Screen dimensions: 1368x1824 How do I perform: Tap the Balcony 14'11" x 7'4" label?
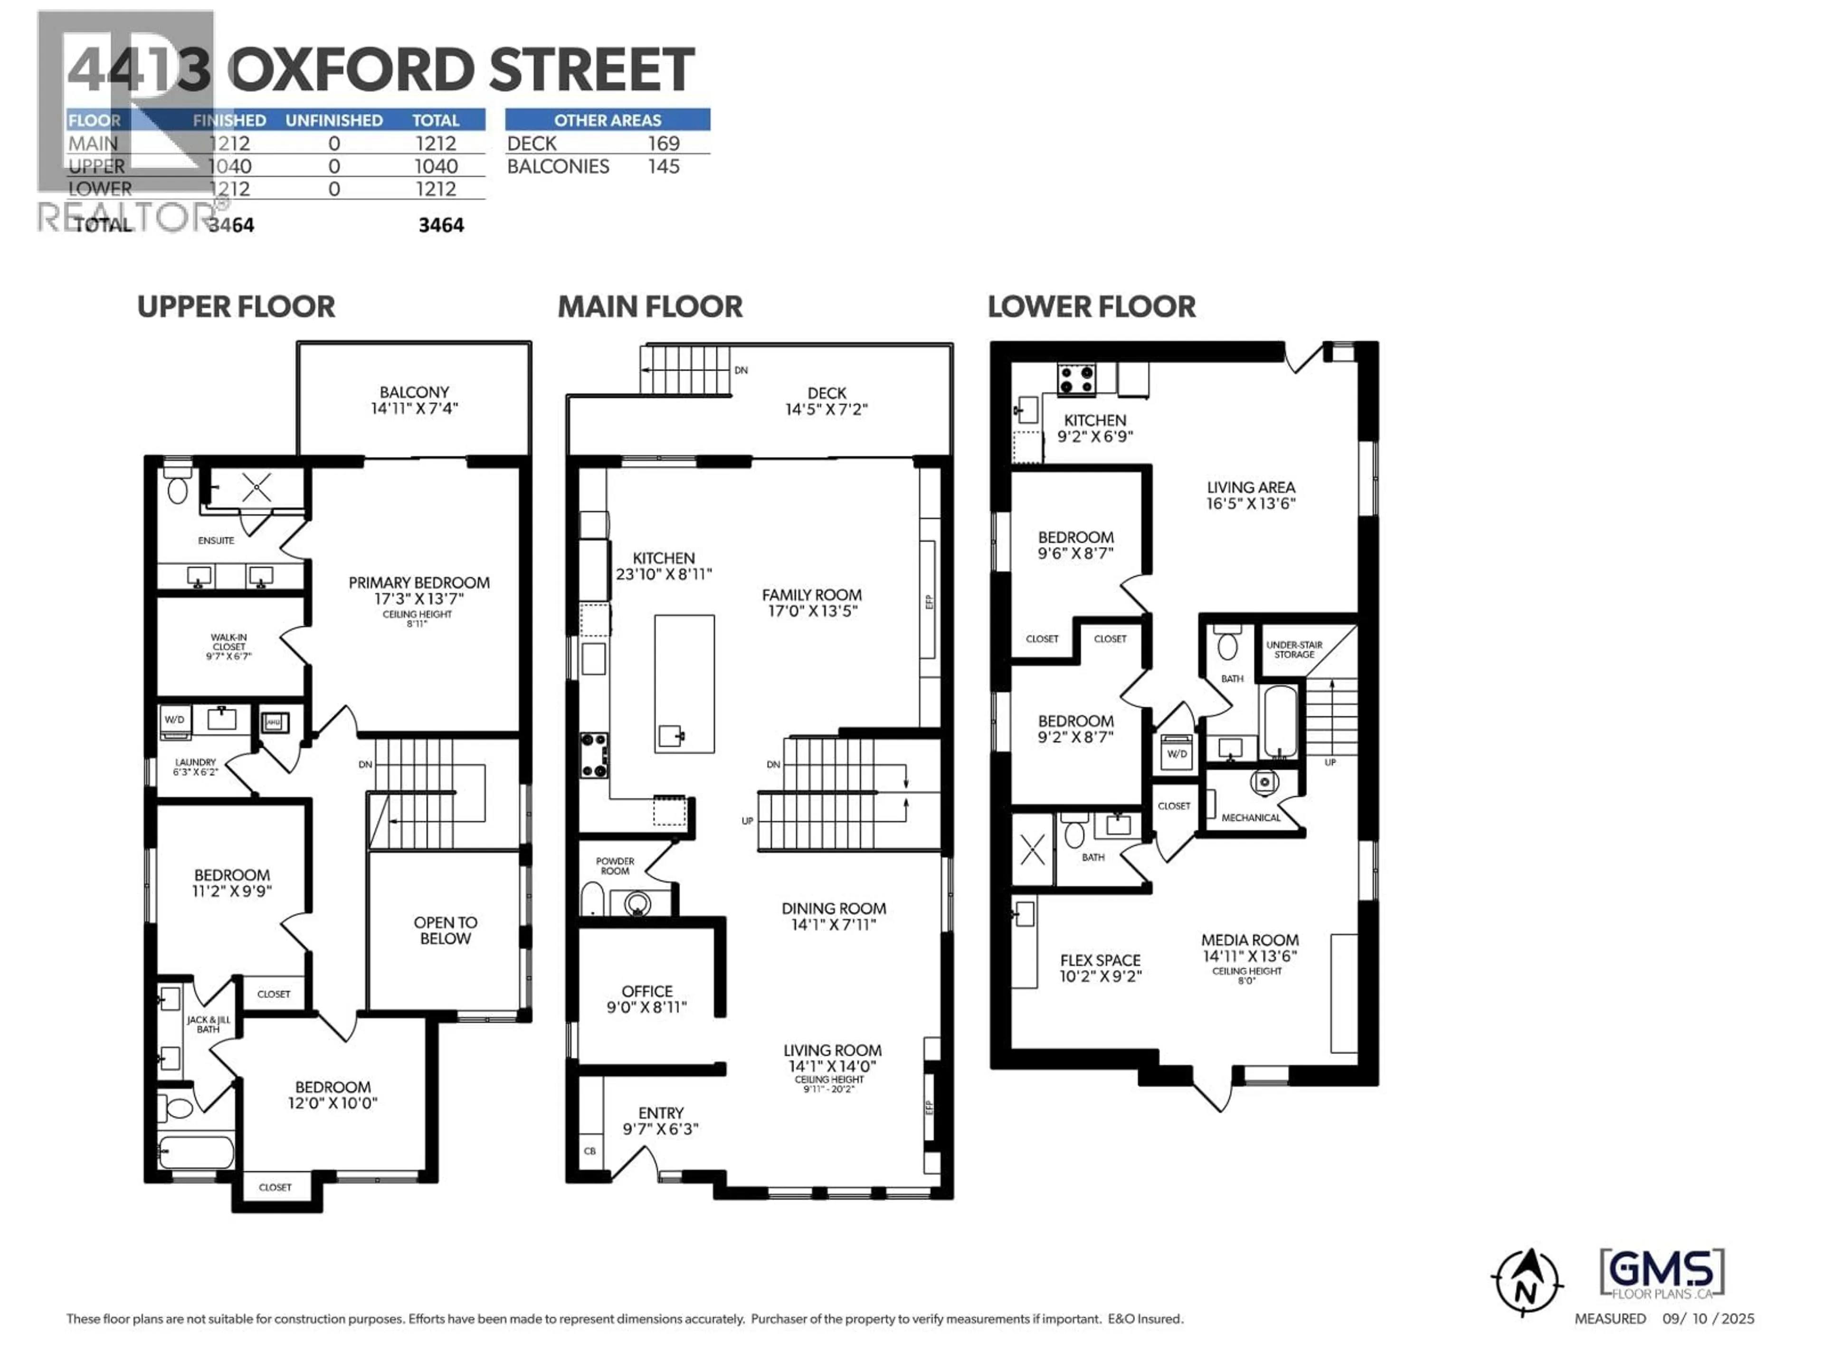(414, 400)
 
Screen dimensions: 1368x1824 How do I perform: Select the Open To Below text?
(445, 930)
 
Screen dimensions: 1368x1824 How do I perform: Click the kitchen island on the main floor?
(684, 683)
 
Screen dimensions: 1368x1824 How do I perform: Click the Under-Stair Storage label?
(1294, 650)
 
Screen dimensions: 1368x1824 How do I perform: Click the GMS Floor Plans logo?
(1662, 1274)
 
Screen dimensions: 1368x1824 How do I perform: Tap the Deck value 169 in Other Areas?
(663, 143)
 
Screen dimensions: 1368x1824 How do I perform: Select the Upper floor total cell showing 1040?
(436, 166)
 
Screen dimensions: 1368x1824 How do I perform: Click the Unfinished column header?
(334, 120)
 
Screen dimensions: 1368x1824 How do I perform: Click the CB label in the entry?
(589, 1150)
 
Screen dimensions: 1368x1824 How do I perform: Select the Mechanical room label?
(1250, 817)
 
